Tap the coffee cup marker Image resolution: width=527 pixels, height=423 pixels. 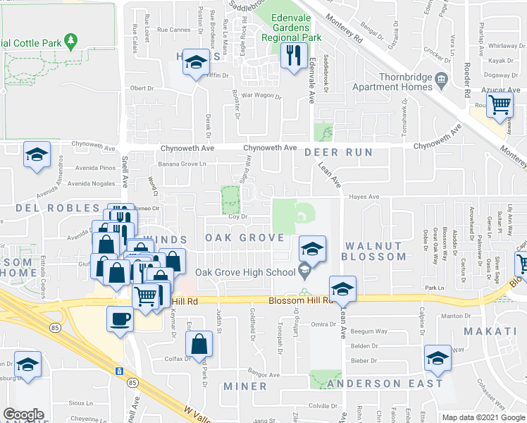tap(120, 319)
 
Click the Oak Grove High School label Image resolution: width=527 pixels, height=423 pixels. tap(244, 273)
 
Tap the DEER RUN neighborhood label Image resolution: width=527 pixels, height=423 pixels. tap(337, 152)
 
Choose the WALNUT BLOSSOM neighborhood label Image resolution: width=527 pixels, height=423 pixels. tap(373, 251)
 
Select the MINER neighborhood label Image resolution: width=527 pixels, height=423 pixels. tap(245, 386)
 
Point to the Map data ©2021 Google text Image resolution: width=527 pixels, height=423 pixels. tap(484, 417)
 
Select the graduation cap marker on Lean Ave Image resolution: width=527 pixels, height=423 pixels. tap(342, 288)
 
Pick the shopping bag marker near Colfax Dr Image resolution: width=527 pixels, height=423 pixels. tap(199, 344)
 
